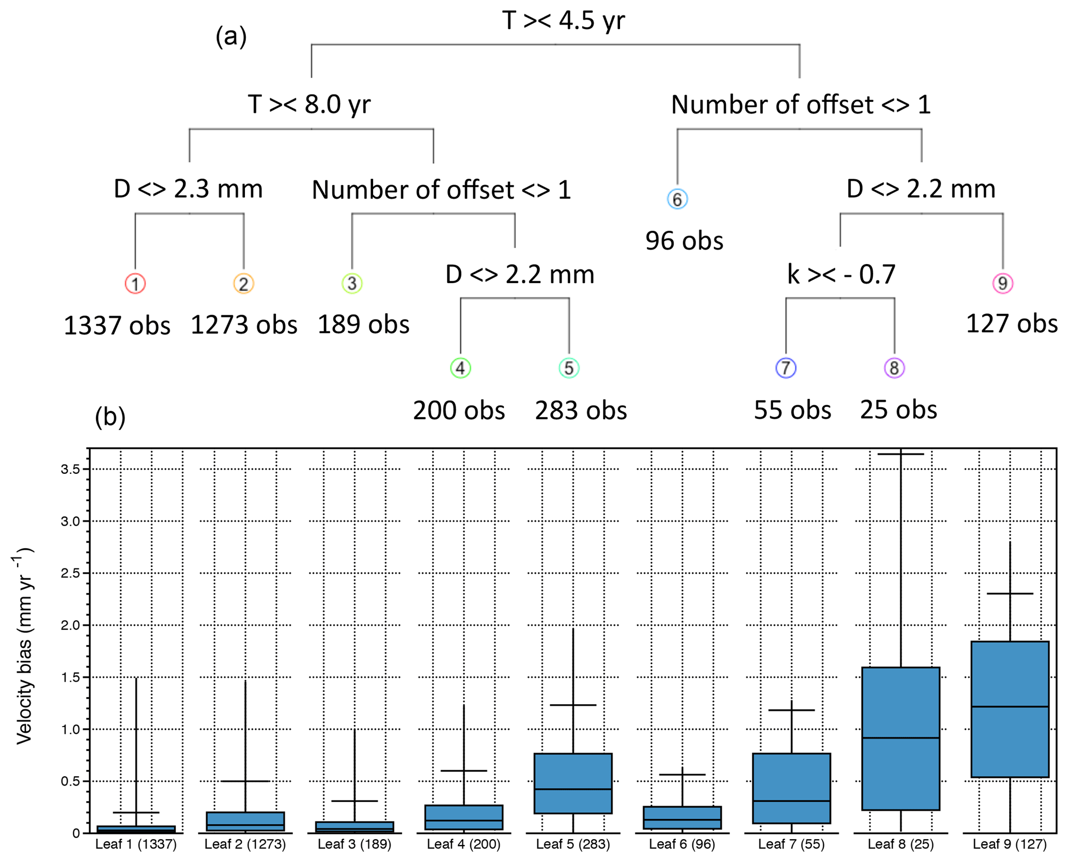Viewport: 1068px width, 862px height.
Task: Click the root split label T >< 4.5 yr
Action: (563, 21)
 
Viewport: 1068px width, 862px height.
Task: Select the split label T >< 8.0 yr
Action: (309, 104)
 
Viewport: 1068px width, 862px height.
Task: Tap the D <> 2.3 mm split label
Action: (188, 189)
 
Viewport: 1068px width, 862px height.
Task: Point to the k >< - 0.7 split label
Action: (841, 274)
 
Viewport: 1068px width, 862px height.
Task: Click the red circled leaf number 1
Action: (135, 283)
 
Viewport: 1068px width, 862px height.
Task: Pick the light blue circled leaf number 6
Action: (677, 199)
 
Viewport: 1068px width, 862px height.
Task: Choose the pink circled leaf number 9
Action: (1002, 283)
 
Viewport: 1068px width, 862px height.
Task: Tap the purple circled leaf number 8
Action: (894, 368)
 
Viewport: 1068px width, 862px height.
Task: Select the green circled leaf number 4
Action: (460, 368)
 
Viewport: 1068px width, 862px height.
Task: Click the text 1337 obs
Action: (117, 326)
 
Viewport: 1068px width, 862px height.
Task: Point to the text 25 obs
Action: (898, 410)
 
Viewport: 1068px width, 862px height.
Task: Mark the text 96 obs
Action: (684, 241)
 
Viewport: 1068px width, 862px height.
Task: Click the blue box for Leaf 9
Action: (1010, 709)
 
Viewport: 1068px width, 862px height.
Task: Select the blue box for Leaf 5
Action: (573, 783)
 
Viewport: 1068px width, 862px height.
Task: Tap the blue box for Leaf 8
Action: (901, 738)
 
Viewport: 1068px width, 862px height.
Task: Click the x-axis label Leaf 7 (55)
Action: (791, 844)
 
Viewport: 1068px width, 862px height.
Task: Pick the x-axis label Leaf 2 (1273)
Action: (245, 844)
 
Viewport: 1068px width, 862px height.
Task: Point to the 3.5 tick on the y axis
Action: (70, 469)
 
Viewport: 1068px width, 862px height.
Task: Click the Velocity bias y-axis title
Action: (24, 646)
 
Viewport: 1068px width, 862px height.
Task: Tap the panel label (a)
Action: (231, 36)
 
